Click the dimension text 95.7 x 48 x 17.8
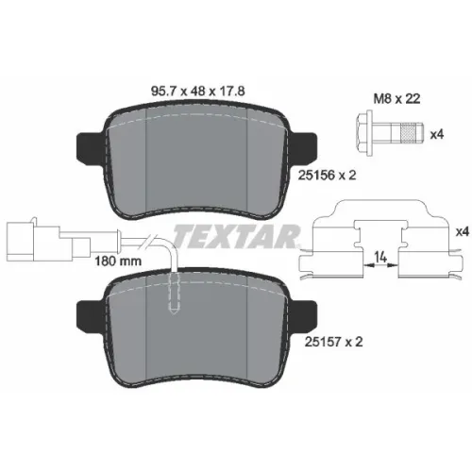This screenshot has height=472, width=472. click(198, 92)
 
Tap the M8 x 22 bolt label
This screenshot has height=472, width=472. click(396, 99)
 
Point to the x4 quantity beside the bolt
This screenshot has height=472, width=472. click(437, 135)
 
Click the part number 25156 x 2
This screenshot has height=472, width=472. click(327, 176)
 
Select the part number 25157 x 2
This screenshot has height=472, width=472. click(333, 342)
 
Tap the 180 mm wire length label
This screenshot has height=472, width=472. click(118, 261)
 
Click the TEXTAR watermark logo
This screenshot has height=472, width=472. click(237, 236)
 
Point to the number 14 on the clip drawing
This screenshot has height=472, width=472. click(380, 258)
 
